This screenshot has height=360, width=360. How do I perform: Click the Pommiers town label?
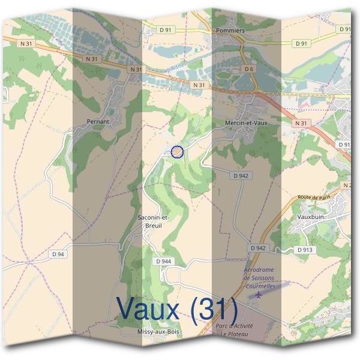230,30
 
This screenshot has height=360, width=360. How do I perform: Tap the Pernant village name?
98,121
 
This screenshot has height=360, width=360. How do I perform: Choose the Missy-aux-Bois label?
158,331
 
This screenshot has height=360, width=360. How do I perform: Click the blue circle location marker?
177,152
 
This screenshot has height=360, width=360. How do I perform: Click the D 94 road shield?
58,254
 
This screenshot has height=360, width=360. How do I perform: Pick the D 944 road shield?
163,262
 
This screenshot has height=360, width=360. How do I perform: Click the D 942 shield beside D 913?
257,248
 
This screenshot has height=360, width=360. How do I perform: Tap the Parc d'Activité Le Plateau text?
235,330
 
